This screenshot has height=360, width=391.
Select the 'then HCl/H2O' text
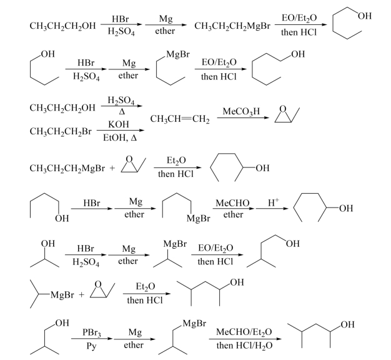[244, 345]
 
